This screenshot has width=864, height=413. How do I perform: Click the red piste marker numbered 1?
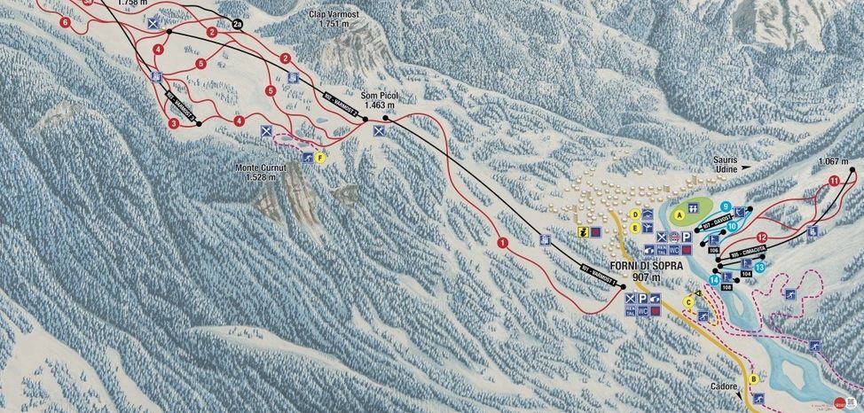pos(502,242)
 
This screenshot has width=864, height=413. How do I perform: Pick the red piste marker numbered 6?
pos(66,21)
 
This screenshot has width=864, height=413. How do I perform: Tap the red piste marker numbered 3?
pos(174,124)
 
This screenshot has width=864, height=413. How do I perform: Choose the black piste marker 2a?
pos(237,24)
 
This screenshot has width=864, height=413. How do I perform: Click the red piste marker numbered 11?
pos(833,181)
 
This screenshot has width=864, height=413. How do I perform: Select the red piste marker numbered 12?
pos(762,237)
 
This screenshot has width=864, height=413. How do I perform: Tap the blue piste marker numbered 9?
pos(726,206)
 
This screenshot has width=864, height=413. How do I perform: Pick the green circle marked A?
pos(680,214)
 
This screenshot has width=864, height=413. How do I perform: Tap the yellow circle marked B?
pos(754,379)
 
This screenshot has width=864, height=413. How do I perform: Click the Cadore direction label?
pos(725,387)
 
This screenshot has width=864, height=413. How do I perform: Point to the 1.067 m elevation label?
pos(836,161)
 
